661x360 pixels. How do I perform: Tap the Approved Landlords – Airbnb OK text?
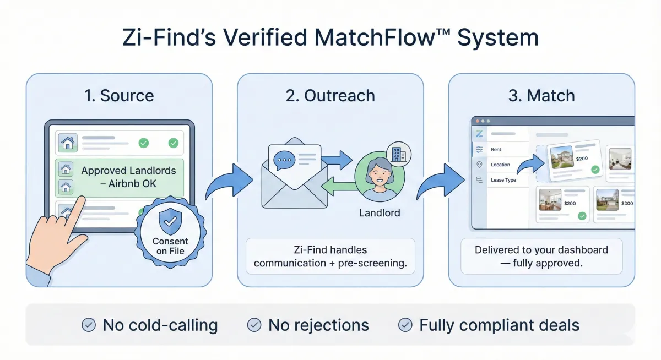(128, 177)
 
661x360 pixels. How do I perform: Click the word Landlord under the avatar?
(380, 212)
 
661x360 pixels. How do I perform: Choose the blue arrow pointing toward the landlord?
(337, 160)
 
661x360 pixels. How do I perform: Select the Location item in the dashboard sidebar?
(500, 165)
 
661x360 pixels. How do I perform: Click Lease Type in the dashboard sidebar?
(503, 180)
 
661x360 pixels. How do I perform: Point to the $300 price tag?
(627, 203)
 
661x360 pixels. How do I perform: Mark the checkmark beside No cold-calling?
(88, 325)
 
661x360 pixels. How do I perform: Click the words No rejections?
(318, 325)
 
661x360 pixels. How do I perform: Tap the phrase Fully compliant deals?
(499, 325)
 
